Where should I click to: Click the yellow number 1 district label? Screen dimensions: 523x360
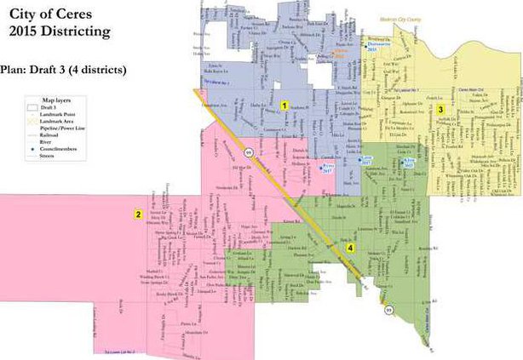click(284, 106)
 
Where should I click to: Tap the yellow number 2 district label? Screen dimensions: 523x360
click(138, 214)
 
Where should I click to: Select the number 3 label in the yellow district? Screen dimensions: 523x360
click(440, 109)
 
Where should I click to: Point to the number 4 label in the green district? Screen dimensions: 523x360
click(350, 248)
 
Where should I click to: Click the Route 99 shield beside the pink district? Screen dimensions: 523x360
click(248, 151)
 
